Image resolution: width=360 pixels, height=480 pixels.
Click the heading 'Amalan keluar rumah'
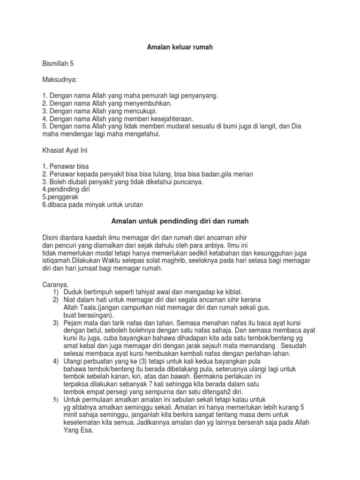click(180, 48)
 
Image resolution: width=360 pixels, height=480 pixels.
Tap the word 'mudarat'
click(172, 127)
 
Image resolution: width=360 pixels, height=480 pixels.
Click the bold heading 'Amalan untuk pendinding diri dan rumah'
click(180, 220)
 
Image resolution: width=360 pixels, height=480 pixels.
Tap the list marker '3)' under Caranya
click(56, 323)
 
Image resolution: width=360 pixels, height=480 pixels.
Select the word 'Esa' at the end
click(87, 430)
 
